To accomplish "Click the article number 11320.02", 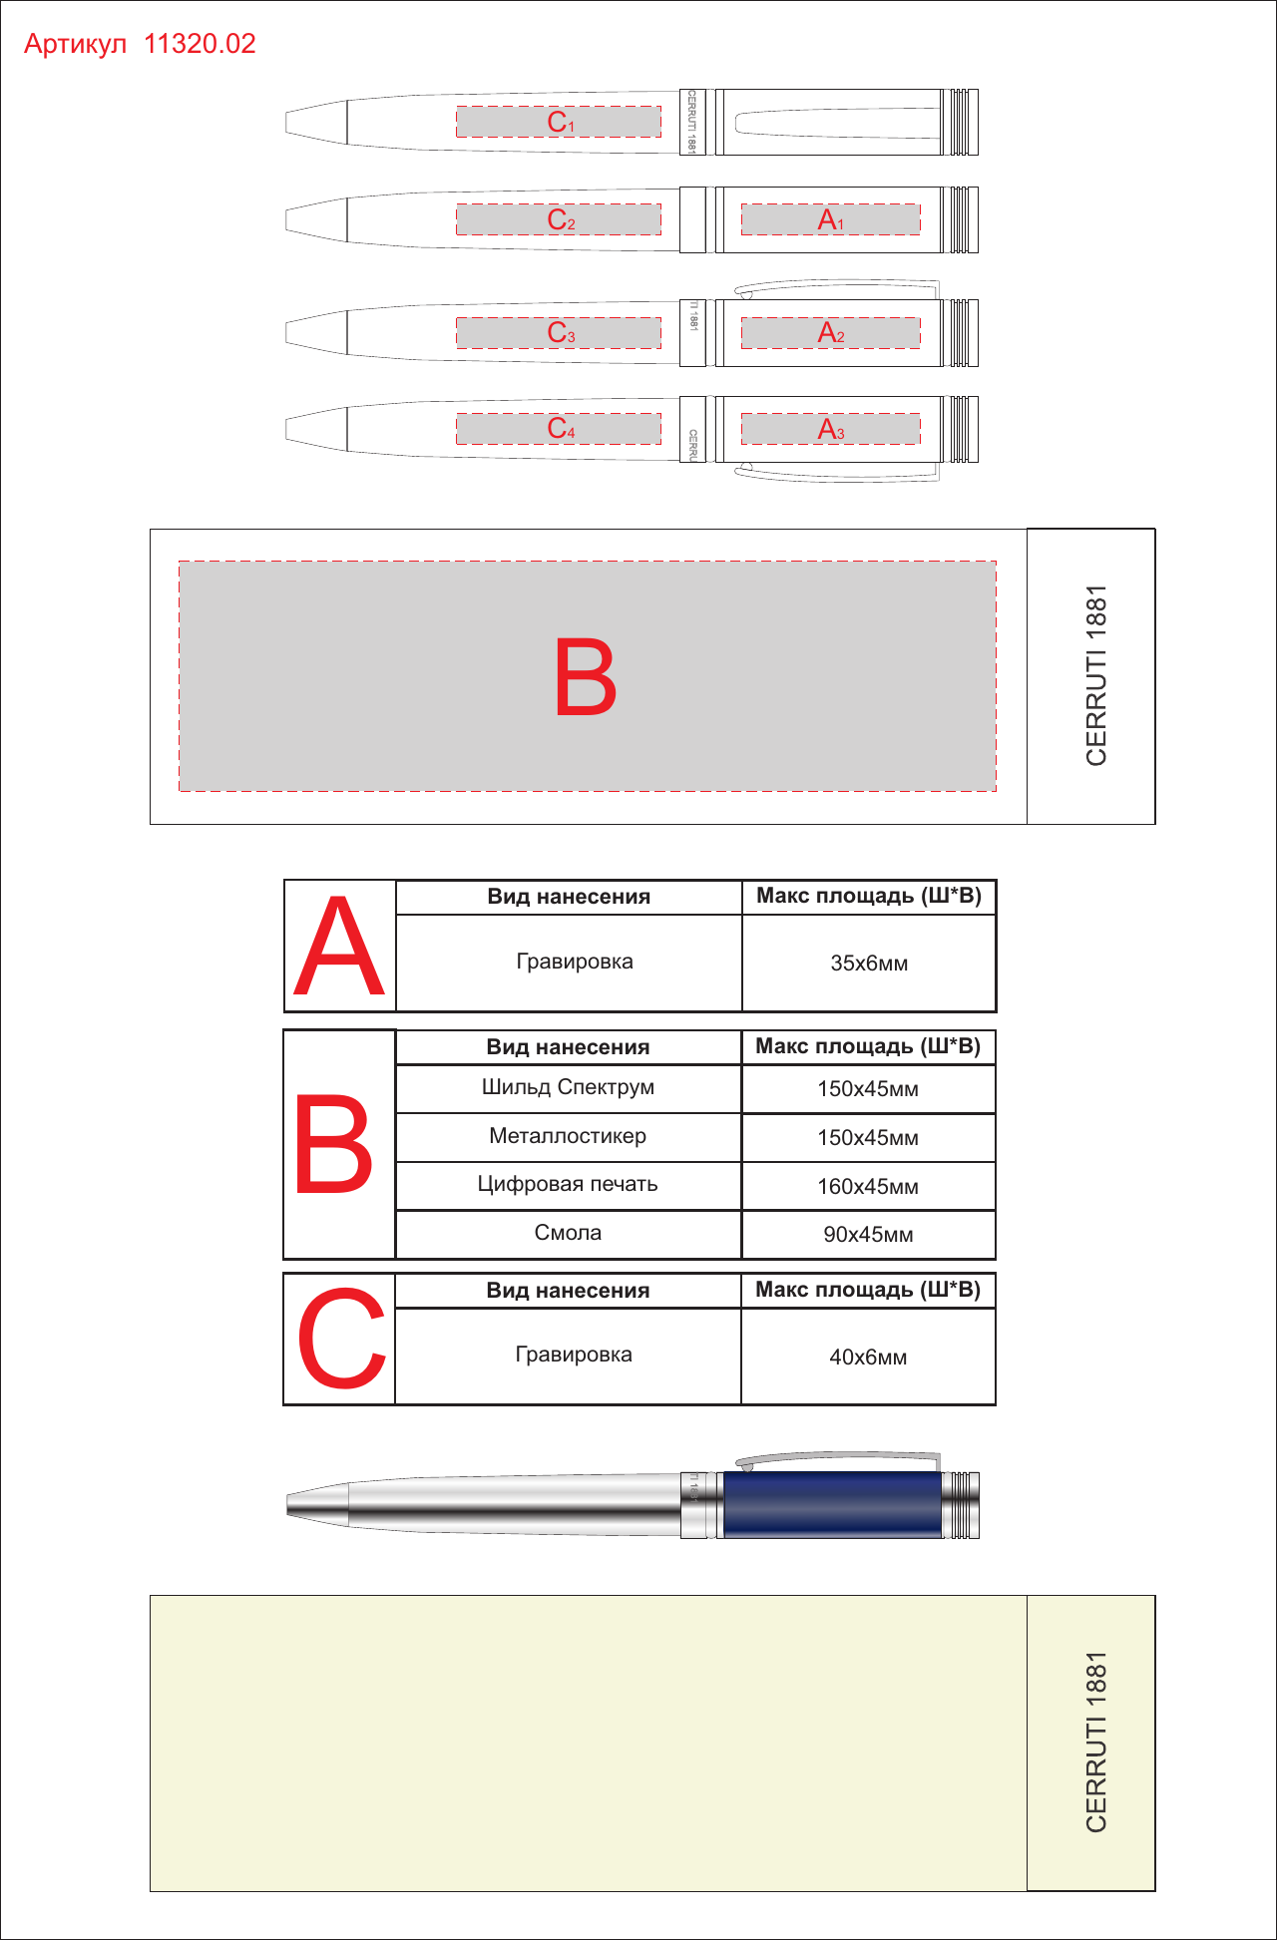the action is (x=200, y=44).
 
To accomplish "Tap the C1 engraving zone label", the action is (x=560, y=122).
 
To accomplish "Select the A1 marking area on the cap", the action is (x=830, y=219).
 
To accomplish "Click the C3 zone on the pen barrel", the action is (x=559, y=332).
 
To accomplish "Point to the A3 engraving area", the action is (x=830, y=429).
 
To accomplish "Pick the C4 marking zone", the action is (x=559, y=429).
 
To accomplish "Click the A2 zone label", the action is (x=830, y=332).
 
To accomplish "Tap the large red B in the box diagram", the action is (x=586, y=677).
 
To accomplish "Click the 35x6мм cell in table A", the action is (x=869, y=964).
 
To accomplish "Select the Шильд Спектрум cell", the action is (x=568, y=1087).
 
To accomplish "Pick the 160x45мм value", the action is (x=868, y=1187).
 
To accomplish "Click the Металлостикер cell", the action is (x=568, y=1136).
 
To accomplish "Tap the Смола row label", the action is (x=568, y=1233).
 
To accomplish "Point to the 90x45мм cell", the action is (x=868, y=1235).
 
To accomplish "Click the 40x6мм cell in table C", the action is (x=868, y=1358).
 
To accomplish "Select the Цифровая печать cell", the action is (x=568, y=1184).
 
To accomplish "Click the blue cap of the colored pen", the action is (x=832, y=1504).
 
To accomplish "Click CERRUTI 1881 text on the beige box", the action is (x=1096, y=1742).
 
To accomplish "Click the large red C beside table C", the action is (x=341, y=1338).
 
